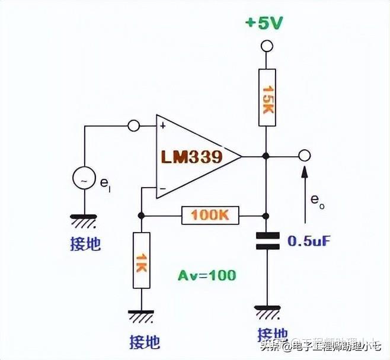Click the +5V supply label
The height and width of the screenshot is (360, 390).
pyautogui.click(x=264, y=23)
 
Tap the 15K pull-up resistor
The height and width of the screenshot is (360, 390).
pyautogui.click(x=267, y=97)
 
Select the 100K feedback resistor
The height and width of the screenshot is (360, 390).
pyautogui.click(x=210, y=215)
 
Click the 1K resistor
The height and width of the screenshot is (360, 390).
pyautogui.click(x=141, y=261)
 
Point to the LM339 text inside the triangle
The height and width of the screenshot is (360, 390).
pyautogui.click(x=191, y=157)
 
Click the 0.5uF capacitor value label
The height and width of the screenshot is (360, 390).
pyautogui.click(x=309, y=242)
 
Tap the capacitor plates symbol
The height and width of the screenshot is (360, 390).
pyautogui.click(x=267, y=241)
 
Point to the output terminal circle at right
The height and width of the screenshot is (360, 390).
pyautogui.click(x=305, y=156)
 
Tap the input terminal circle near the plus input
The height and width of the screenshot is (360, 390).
pyautogui.click(x=133, y=126)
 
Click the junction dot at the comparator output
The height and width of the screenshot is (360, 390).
pyautogui.click(x=267, y=156)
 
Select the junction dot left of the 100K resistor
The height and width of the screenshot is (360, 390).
pyautogui.click(x=141, y=215)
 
